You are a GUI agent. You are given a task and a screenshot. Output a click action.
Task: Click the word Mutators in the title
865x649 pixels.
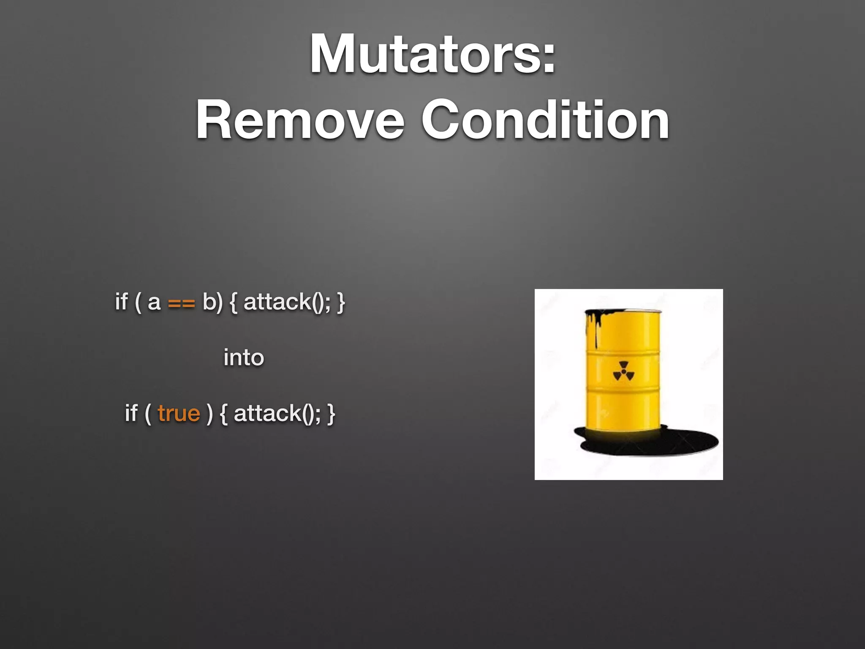pos(424,55)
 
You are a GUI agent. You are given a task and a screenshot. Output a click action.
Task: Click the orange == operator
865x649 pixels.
pos(182,303)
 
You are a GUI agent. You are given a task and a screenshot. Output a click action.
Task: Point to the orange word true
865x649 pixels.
pos(179,413)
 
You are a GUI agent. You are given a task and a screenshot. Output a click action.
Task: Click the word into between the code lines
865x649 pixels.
pos(244,357)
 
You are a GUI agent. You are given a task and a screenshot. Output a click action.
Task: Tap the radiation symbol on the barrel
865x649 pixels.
pos(623,371)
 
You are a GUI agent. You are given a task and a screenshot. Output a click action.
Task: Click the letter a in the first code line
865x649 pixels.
pos(154,303)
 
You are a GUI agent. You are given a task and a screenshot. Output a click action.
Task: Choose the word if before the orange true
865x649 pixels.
pos(131,413)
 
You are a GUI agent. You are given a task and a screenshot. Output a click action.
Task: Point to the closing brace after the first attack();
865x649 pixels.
pos(341,303)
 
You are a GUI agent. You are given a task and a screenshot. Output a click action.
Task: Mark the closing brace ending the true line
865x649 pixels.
pos(331,413)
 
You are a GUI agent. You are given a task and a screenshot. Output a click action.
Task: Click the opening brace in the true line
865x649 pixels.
pos(224,413)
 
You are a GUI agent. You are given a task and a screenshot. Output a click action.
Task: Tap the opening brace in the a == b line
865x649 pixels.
pos(234,303)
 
